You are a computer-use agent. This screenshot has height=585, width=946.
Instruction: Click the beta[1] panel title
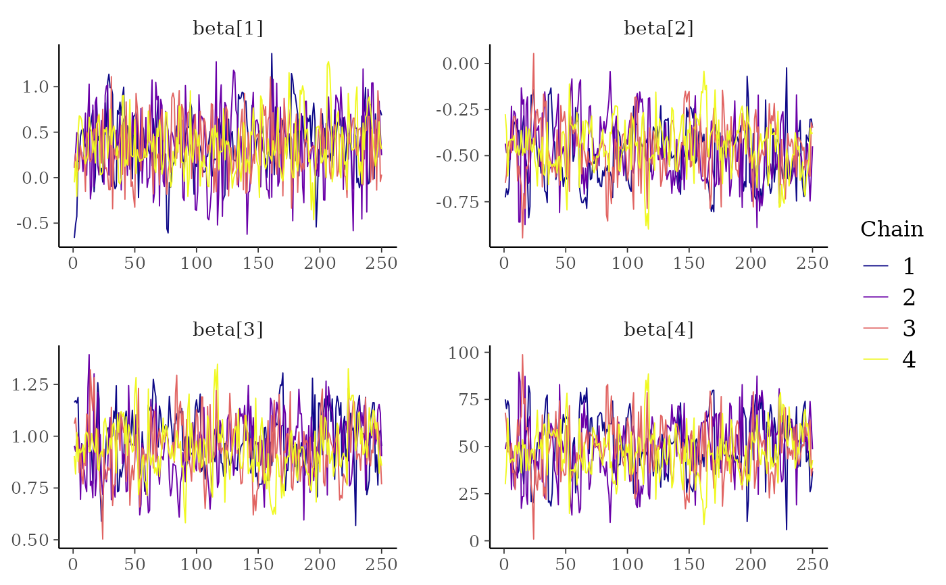228,28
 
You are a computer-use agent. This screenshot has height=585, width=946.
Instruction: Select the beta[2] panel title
659,28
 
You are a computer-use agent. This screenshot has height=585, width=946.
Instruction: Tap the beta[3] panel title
228,330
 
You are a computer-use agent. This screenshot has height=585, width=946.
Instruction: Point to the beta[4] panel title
659,330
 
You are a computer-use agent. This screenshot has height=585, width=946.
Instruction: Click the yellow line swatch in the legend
876,359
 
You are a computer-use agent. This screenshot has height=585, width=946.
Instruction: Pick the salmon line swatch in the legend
876,328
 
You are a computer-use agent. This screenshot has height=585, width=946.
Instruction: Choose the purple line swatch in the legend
876,297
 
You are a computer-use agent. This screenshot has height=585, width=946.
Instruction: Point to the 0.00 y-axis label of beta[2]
461,63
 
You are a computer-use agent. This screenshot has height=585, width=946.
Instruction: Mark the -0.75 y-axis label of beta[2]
457,202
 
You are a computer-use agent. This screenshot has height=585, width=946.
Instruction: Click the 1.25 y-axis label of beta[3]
30,384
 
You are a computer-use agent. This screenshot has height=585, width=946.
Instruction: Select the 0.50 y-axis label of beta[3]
30,540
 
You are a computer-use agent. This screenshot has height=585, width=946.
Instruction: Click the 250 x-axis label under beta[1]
380,263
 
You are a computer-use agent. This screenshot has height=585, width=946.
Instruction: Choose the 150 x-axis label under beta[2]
689,263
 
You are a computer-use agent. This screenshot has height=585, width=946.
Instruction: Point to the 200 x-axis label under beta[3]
319,564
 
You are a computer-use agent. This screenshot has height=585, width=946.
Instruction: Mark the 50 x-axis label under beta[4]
566,564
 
